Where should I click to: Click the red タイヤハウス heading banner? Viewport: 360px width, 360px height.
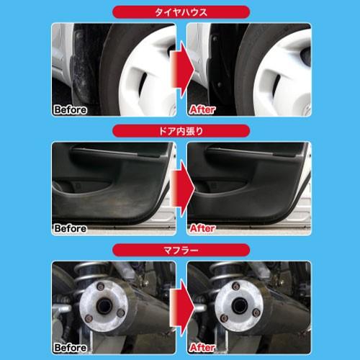click(181, 12)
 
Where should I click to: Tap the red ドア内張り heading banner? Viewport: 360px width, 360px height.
click(181, 131)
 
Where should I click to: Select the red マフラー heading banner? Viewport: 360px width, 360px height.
click(181, 250)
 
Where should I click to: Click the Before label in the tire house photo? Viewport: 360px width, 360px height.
click(71, 110)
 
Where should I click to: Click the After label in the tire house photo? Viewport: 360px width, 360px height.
click(202, 109)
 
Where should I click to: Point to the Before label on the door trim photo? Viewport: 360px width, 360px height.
click(71, 228)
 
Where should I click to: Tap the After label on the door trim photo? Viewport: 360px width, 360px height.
click(202, 228)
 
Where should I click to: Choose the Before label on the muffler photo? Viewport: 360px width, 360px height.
click(71, 348)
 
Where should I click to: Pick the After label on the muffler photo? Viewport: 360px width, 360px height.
click(202, 347)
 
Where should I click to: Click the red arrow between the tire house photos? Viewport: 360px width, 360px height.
click(182, 69)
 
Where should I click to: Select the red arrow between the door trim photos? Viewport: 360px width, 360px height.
click(182, 188)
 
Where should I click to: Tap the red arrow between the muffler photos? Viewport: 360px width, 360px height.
click(182, 307)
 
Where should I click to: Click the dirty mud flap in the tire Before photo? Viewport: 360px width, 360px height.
click(81, 70)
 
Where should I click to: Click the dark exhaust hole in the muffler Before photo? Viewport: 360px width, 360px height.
click(104, 306)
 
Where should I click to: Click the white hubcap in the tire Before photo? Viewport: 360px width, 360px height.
click(148, 72)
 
